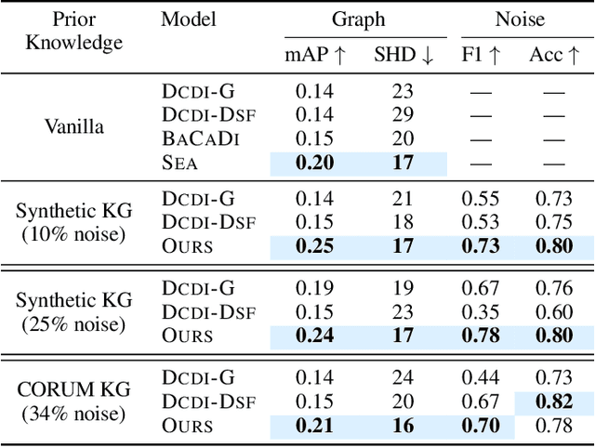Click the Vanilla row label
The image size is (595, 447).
(x=73, y=126)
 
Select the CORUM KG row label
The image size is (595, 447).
(x=73, y=390)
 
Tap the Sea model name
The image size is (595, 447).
(x=181, y=163)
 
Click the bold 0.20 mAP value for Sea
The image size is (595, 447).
(x=314, y=163)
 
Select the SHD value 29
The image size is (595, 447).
(x=402, y=114)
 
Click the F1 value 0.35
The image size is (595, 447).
(x=481, y=312)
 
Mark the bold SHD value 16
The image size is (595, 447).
(x=402, y=427)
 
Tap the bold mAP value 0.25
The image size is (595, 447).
(x=314, y=246)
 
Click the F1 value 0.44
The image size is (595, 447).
(x=481, y=378)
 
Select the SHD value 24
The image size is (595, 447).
(x=402, y=378)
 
